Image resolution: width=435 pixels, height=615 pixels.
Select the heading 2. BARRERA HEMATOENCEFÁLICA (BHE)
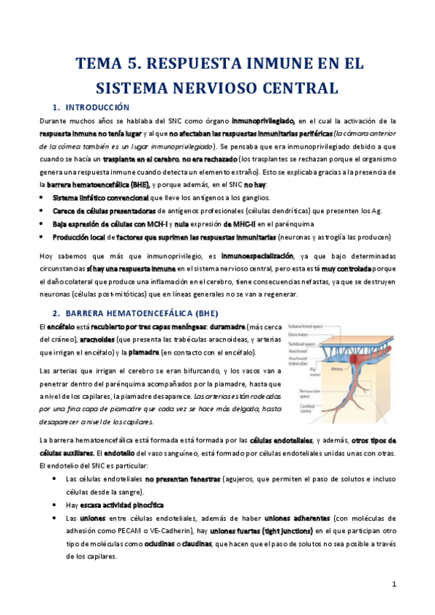point(131,313)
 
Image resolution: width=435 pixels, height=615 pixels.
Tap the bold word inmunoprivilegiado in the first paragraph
point(262,120)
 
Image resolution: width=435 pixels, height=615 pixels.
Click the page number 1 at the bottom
point(394,585)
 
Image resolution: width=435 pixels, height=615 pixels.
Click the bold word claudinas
point(197,543)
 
